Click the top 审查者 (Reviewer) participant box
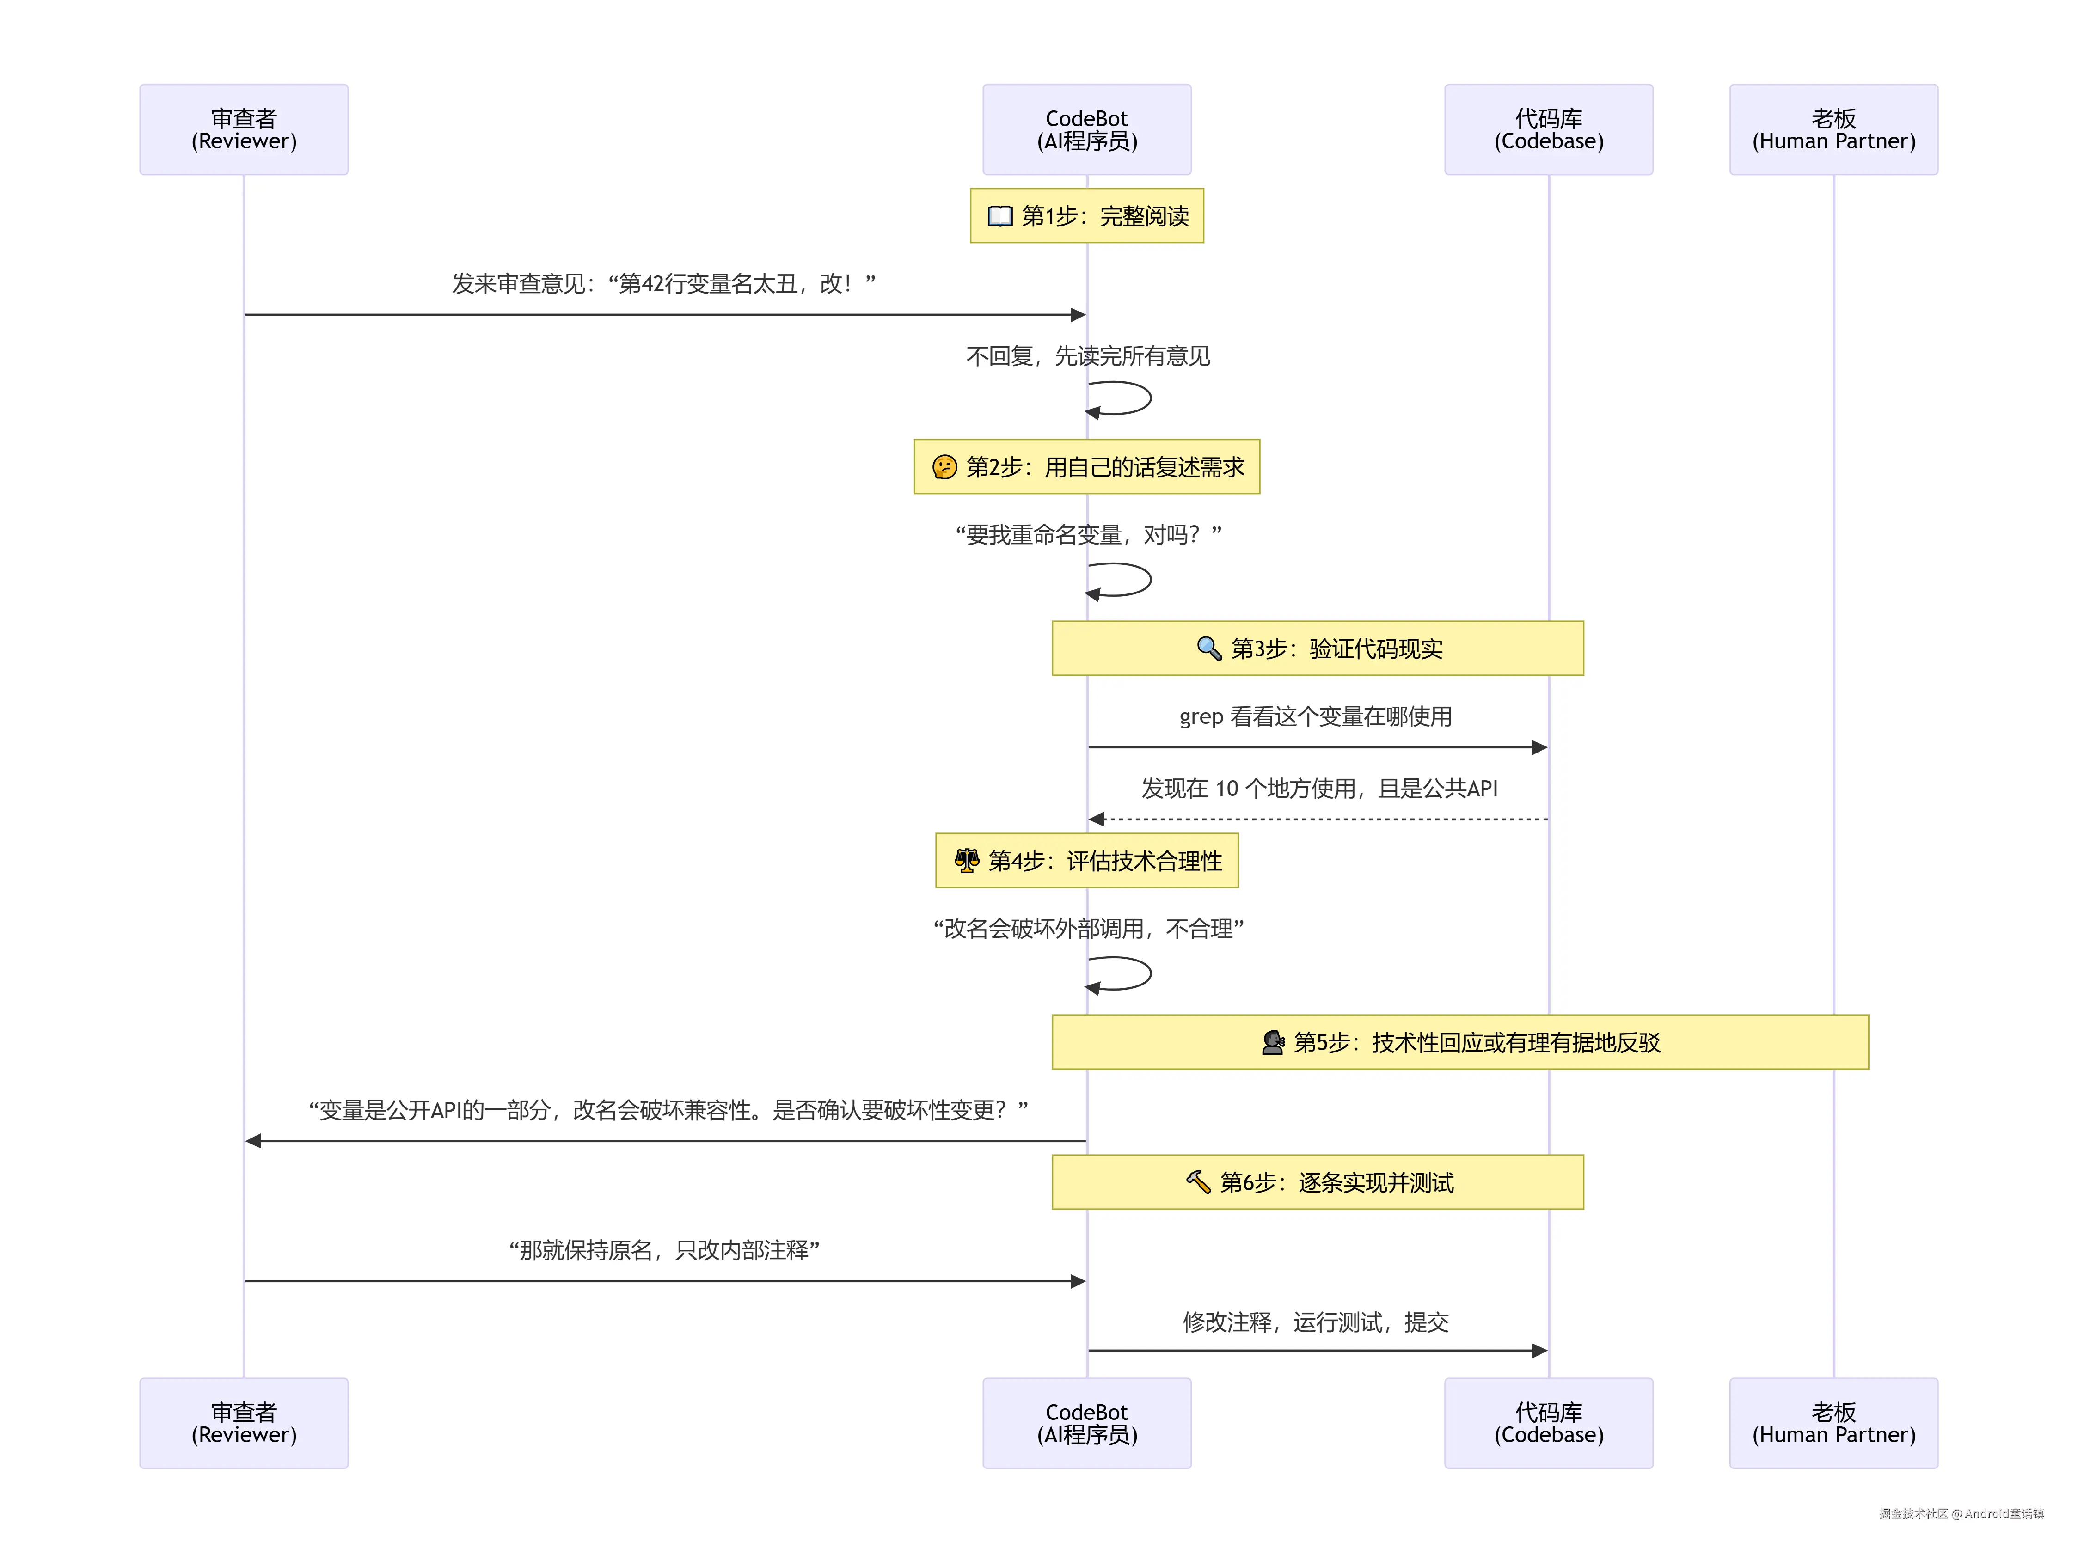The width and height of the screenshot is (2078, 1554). (243, 130)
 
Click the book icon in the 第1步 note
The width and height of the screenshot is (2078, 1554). (999, 216)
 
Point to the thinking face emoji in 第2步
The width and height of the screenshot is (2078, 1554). (944, 467)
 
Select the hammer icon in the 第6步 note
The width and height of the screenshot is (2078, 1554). (1198, 1182)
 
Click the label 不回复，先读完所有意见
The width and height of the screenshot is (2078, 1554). (1088, 356)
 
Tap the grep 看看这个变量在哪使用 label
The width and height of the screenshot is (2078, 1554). (1315, 717)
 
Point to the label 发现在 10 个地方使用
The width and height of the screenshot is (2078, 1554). (1319, 788)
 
